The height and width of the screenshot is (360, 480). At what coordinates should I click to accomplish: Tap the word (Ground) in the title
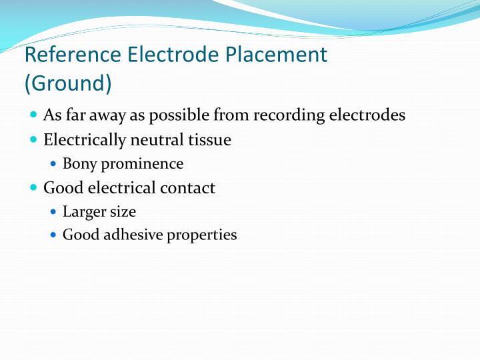[67, 85]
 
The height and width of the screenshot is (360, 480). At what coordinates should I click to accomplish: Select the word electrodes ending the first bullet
[367, 115]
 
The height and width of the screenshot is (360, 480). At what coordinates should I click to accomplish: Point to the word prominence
[142, 164]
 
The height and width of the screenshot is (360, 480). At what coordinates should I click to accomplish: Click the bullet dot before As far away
[34, 115]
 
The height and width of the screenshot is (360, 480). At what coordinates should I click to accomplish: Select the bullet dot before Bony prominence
[54, 164]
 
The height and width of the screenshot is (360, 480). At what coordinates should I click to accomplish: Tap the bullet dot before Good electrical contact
[34, 188]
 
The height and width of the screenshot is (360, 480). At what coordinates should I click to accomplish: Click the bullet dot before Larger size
[54, 212]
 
